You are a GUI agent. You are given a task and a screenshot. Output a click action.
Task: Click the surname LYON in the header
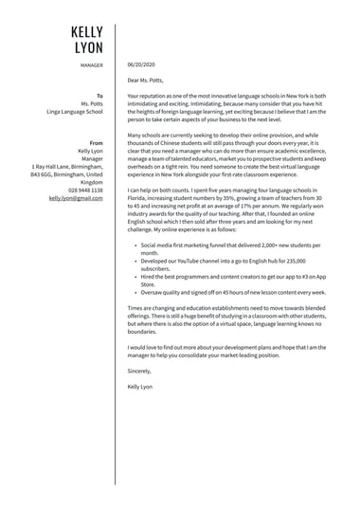coord(87,47)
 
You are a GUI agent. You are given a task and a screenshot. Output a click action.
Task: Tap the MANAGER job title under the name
coord(92,65)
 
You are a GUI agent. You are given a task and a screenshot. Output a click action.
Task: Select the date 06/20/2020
coord(141,65)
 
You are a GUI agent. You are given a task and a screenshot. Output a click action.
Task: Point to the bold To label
coord(99,96)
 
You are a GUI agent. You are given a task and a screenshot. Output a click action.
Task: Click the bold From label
coord(97,142)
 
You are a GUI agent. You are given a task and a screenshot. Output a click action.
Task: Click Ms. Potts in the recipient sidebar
coord(92,103)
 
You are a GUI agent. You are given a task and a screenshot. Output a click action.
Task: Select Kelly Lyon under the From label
coord(90,151)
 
